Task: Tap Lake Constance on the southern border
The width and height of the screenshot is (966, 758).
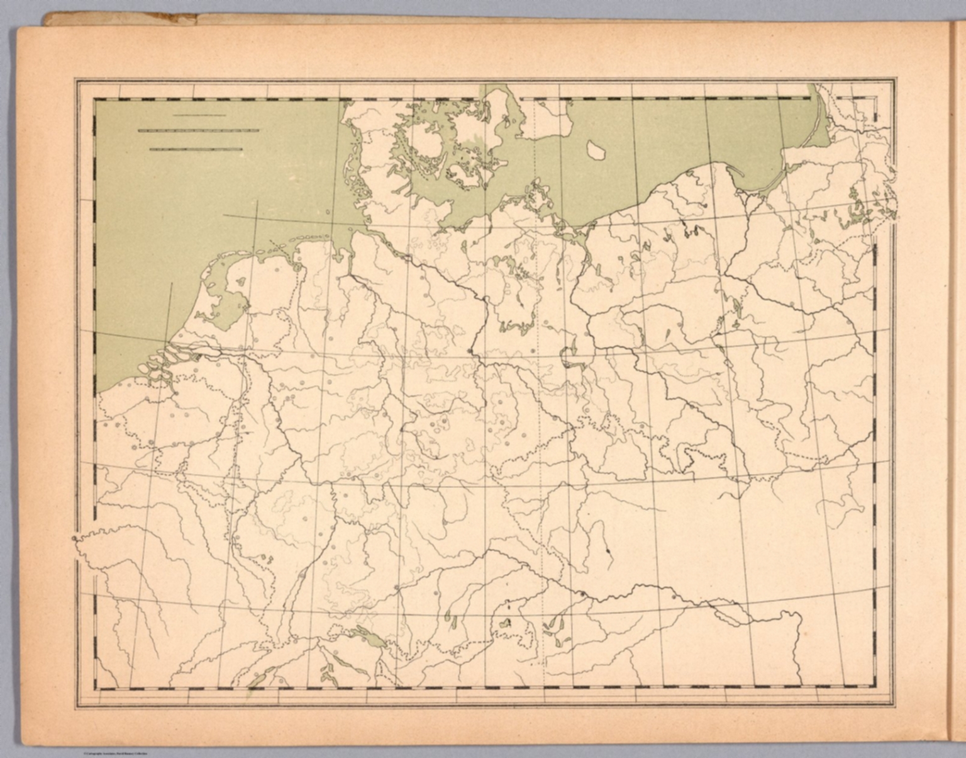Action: coord(368,636)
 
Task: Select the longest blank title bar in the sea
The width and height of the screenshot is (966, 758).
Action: coord(198,130)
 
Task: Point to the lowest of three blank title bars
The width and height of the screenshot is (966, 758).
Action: coord(196,149)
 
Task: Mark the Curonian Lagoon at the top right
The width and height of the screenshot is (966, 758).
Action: coord(821,120)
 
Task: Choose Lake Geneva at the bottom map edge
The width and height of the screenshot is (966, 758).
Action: coord(258,677)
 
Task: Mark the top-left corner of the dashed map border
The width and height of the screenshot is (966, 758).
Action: coord(95,99)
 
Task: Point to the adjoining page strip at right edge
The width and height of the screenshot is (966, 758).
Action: coord(957,378)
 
